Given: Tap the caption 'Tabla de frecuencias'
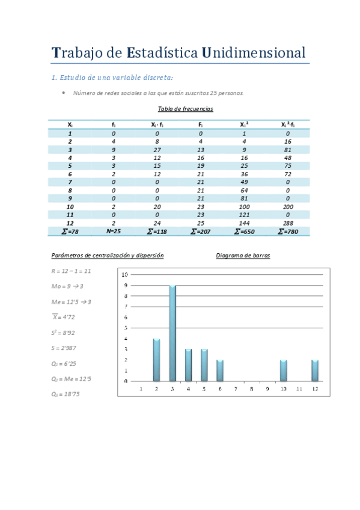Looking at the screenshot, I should (185, 109).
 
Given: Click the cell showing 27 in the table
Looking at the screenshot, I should (157, 150).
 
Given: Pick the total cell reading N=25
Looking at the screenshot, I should (114, 231).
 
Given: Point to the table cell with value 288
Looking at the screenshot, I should (288, 223).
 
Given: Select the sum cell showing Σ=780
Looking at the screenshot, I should (288, 231).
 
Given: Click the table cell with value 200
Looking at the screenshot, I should (288, 206).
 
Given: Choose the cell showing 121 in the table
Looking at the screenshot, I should (244, 215).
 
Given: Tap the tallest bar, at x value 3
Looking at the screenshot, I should (172, 333).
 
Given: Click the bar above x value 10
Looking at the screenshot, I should (283, 370).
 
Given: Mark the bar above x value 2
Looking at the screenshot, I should (157, 360).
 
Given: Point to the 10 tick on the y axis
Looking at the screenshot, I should (125, 274).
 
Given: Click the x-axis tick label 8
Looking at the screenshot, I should (251, 389).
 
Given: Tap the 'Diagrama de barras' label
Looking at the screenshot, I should (243, 256).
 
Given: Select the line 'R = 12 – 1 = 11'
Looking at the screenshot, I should (72, 271).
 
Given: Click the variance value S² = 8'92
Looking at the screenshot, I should (64, 332).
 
